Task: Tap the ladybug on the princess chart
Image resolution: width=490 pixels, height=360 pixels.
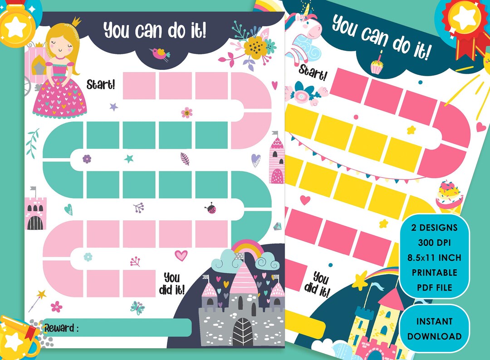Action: coord(211,209)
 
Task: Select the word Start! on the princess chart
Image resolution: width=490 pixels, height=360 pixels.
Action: coord(101,84)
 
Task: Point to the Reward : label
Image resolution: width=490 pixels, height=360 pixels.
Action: coord(61,328)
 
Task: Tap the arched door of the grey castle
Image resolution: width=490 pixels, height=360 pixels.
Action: coord(244,332)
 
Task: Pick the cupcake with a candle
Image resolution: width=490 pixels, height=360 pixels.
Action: coord(377,66)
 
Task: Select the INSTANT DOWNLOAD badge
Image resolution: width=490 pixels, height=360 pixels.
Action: coord(435,329)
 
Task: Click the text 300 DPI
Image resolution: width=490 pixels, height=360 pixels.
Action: coord(435,243)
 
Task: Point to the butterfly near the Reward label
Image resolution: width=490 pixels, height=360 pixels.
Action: coord(137,307)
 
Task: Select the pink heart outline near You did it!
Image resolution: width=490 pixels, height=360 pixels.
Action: coord(181,256)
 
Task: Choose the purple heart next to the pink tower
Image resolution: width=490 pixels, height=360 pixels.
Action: coord(256,160)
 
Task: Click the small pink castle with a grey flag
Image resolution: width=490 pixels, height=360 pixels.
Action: coord(34,211)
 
